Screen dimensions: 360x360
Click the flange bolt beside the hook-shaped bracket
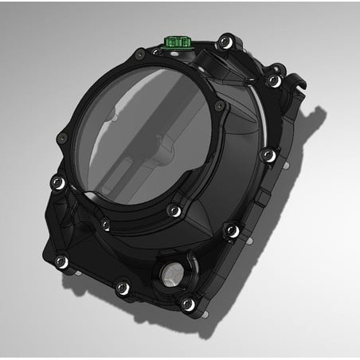274,80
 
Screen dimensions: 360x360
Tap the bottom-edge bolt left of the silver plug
120,287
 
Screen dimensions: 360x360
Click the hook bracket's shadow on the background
319,112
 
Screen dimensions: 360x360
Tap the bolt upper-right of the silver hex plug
231,230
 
